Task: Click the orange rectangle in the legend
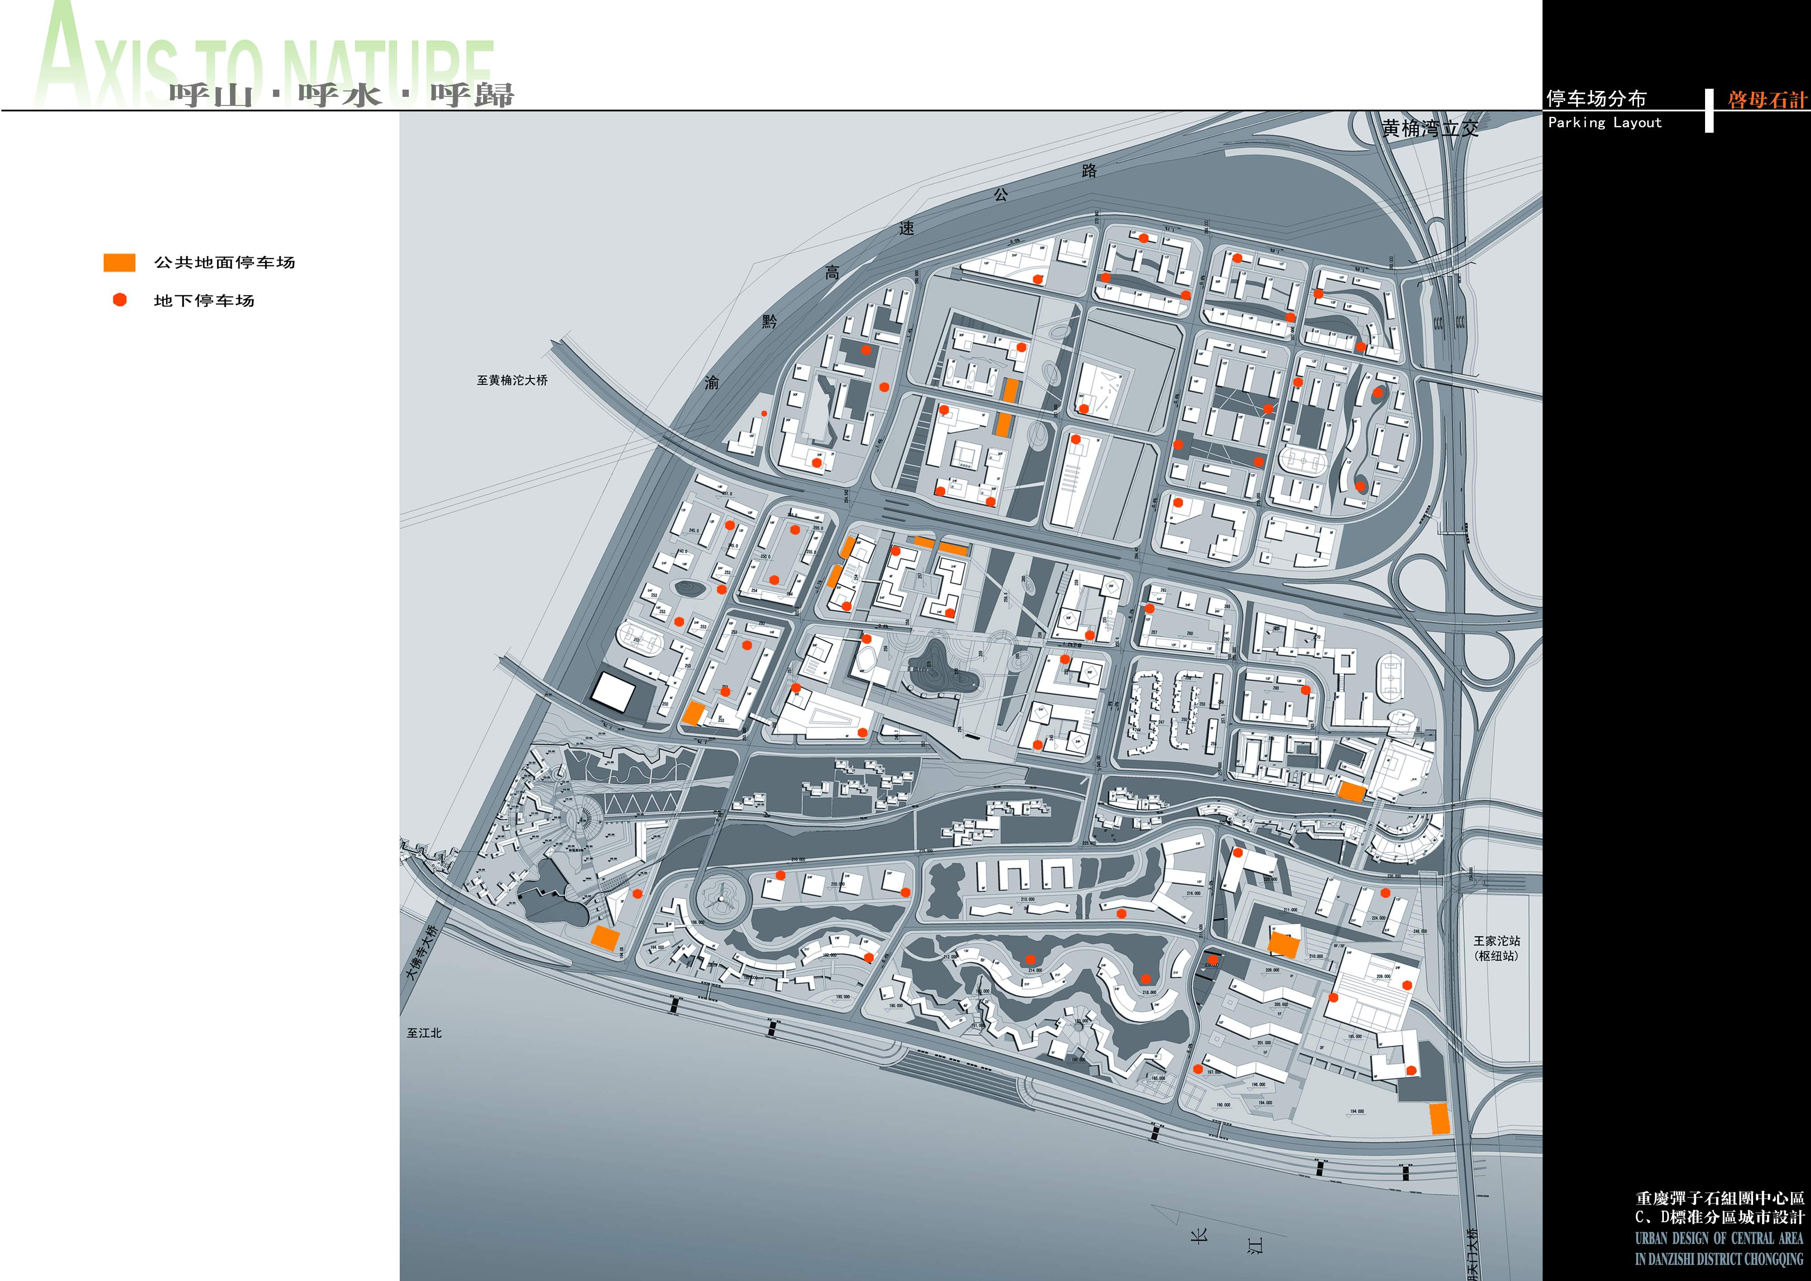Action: point(119,263)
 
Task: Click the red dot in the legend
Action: point(120,300)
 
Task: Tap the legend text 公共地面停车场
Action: point(225,263)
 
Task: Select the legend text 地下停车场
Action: point(204,301)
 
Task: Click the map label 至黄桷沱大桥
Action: point(512,380)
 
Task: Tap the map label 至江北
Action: point(424,1032)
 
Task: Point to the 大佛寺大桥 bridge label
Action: point(421,952)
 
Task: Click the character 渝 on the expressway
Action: point(711,383)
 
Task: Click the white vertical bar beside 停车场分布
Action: point(1709,110)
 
